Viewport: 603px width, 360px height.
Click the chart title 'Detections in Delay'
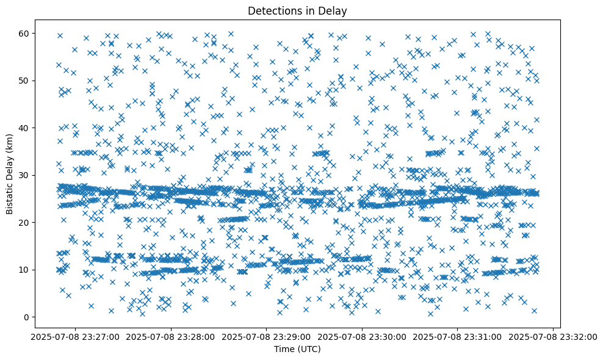point(297,10)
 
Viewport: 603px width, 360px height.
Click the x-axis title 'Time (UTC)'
point(297,349)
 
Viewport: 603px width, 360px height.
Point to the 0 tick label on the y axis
point(25,317)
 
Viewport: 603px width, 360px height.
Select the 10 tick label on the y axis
point(23,270)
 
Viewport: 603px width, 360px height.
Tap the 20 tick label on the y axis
point(23,223)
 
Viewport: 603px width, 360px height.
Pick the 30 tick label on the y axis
point(23,175)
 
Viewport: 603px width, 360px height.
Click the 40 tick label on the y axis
point(23,128)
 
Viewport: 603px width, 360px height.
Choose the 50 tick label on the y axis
point(23,81)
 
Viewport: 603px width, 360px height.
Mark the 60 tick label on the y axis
point(23,33)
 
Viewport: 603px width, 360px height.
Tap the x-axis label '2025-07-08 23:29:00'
point(267,336)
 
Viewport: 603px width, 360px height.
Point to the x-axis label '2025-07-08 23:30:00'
point(363,336)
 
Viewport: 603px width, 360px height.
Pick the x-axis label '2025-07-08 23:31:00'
point(458,336)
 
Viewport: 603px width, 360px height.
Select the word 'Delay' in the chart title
point(335,10)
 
